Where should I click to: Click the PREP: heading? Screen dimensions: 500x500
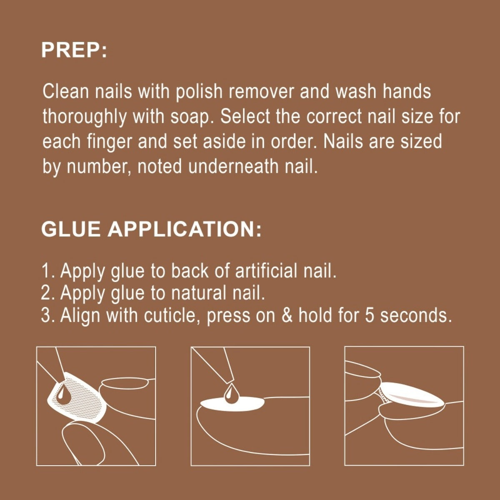(x=74, y=50)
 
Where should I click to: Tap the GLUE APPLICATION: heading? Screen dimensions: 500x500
(x=151, y=229)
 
